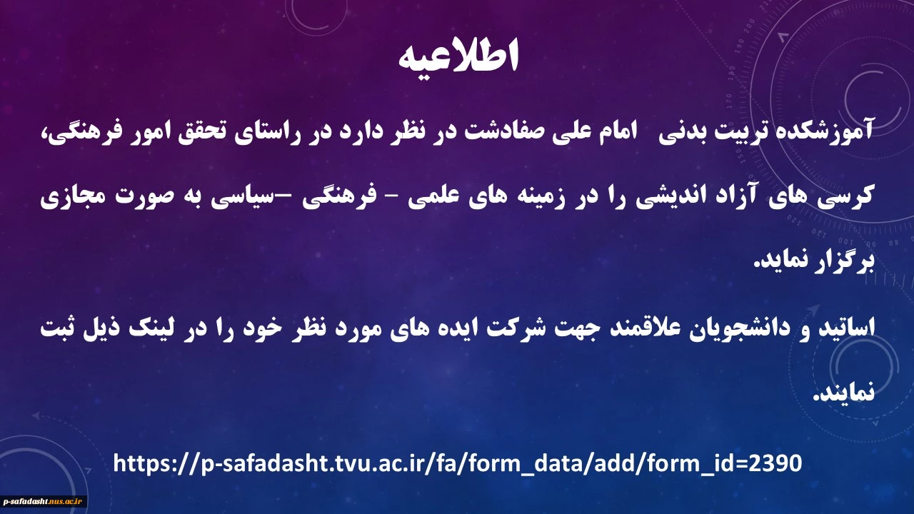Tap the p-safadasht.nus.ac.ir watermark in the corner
[42, 501]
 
